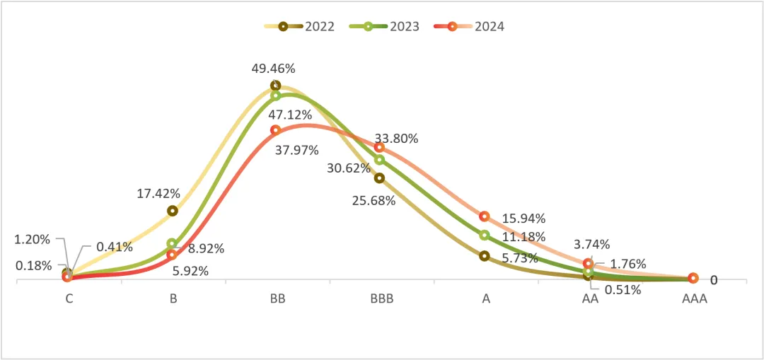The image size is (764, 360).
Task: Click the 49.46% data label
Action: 273,69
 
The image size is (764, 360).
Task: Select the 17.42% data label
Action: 158,193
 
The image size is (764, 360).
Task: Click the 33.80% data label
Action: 396,139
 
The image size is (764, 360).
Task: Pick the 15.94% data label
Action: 523,218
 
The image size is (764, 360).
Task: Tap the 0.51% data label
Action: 623,289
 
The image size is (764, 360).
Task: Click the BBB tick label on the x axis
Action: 381,298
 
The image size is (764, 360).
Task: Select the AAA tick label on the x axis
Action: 694,298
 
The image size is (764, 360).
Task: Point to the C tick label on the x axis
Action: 69,298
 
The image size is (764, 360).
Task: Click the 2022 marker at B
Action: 172,211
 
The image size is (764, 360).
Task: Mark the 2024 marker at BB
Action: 276,130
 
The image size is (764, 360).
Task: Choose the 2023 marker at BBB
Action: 379,160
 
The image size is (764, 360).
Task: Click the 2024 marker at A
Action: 485,216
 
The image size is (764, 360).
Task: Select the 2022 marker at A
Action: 485,256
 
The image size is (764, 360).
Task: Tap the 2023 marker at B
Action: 172,243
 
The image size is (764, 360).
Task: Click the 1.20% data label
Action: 33,239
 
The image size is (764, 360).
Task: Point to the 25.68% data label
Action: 374,200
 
